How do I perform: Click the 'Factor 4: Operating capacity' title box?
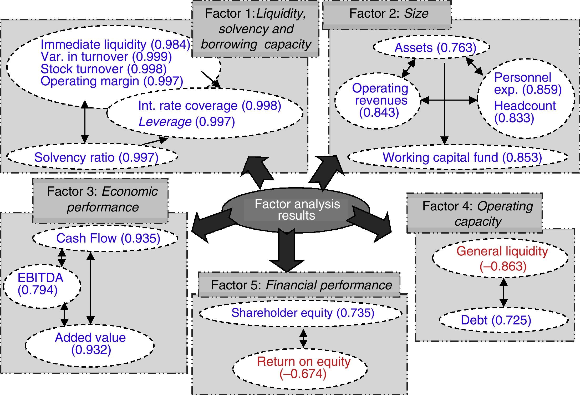click(x=475, y=213)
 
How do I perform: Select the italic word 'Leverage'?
click(x=165, y=122)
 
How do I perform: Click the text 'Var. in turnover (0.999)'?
click(x=106, y=57)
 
